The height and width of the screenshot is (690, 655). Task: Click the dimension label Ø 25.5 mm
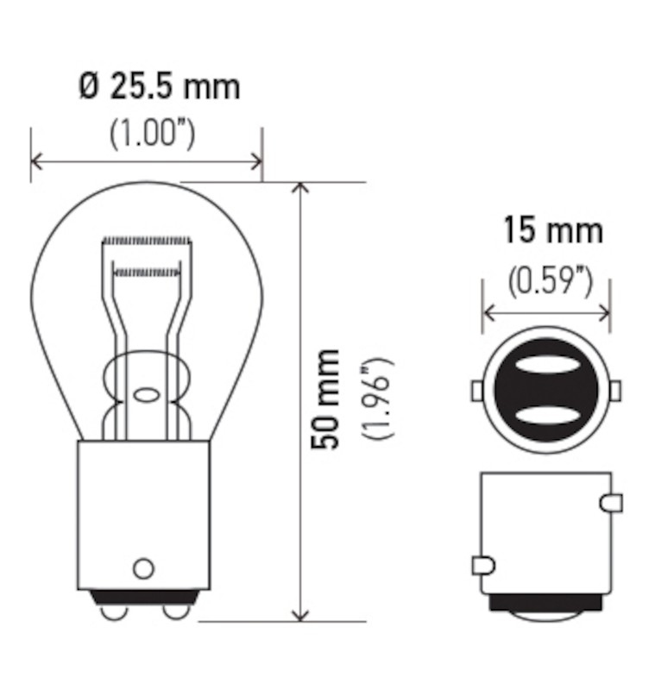click(159, 87)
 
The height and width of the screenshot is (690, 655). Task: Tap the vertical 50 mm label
click(327, 399)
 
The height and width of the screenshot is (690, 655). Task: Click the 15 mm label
click(553, 231)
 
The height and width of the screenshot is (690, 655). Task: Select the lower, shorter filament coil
click(147, 273)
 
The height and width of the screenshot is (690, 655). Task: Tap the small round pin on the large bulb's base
click(143, 568)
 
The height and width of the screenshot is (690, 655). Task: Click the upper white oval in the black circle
click(545, 365)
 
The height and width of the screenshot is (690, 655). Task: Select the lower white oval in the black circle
click(545, 417)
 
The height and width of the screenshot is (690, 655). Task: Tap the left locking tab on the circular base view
click(476, 391)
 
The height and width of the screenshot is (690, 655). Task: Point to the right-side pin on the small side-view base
click(610, 501)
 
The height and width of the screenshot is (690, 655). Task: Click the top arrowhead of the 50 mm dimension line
click(300, 189)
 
